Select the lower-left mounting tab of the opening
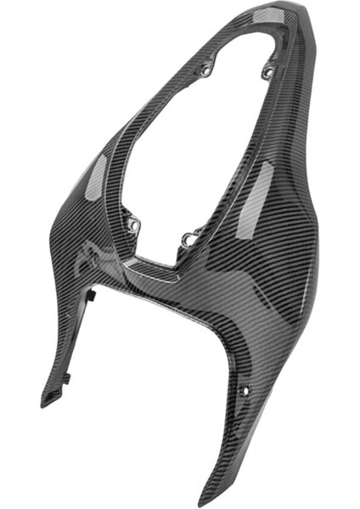click(x=132, y=226)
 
